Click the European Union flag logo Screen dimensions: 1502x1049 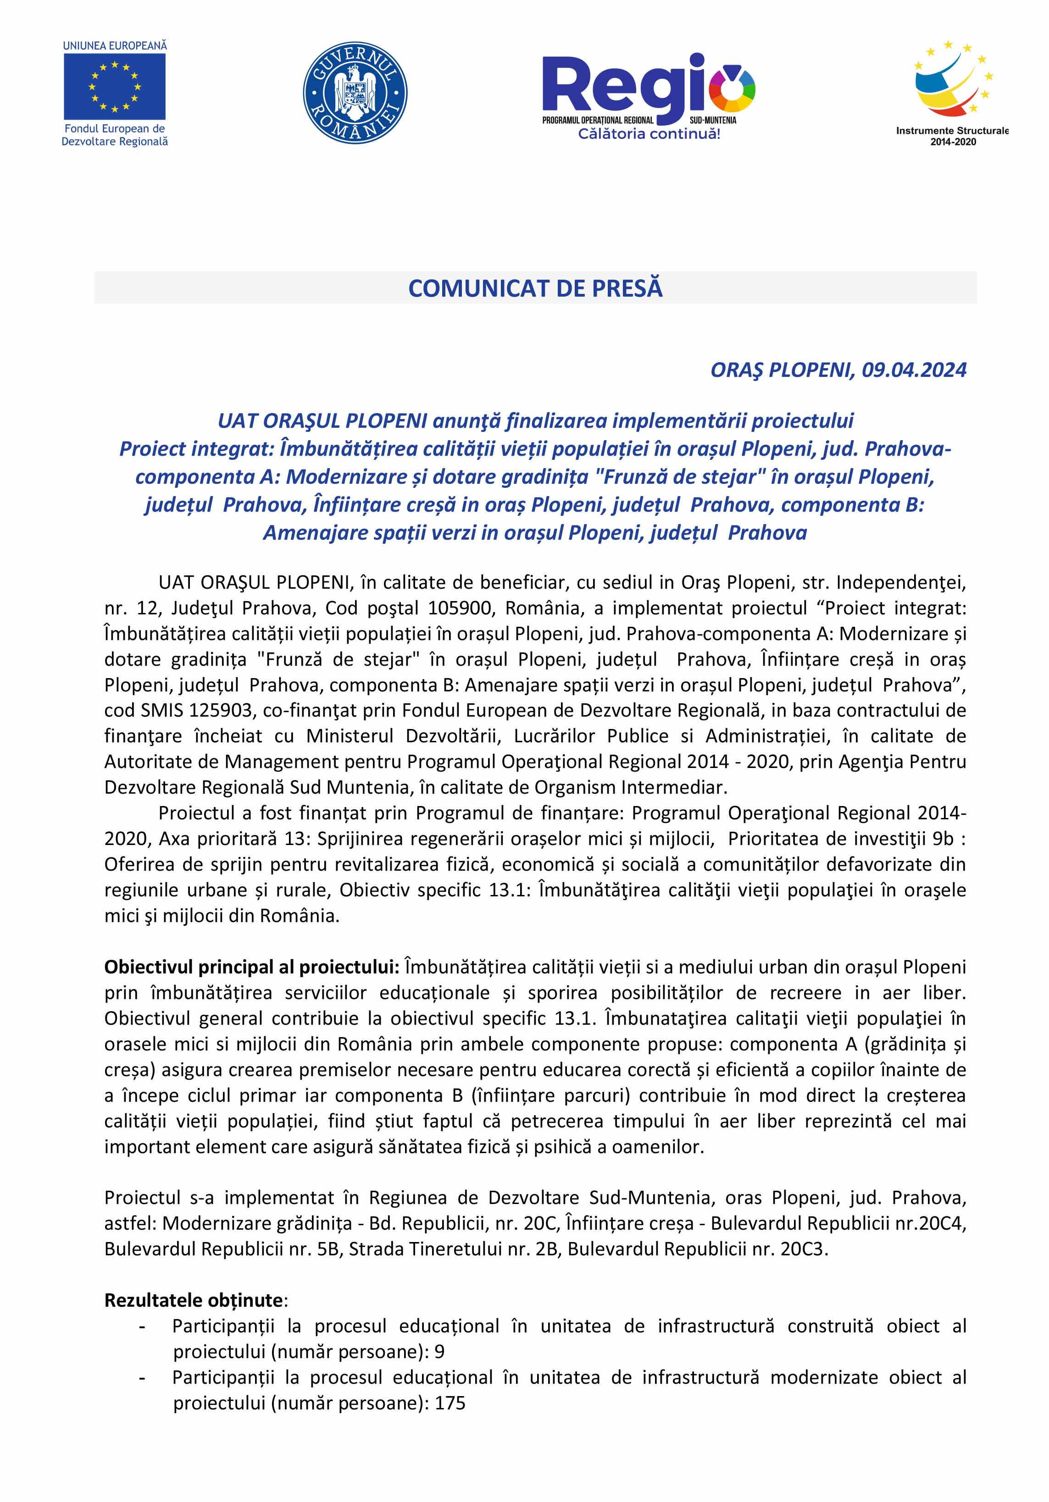(115, 86)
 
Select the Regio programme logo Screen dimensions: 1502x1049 (648, 88)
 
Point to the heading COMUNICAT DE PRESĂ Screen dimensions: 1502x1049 (535, 288)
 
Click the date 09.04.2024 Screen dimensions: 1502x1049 (914, 370)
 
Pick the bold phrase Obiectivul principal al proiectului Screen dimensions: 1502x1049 (252, 967)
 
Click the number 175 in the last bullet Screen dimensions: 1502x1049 (450, 1403)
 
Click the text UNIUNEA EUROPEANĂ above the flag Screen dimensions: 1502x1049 (115, 46)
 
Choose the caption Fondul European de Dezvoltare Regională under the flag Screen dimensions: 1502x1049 (115, 135)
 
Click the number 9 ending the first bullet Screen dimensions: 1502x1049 (439, 1352)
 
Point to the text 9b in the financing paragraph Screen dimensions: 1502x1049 (942, 839)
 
